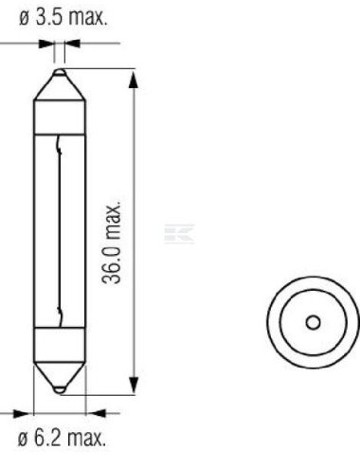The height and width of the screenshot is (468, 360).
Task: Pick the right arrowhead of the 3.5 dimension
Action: [x=72, y=45]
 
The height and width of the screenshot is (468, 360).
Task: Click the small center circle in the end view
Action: [x=312, y=322]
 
